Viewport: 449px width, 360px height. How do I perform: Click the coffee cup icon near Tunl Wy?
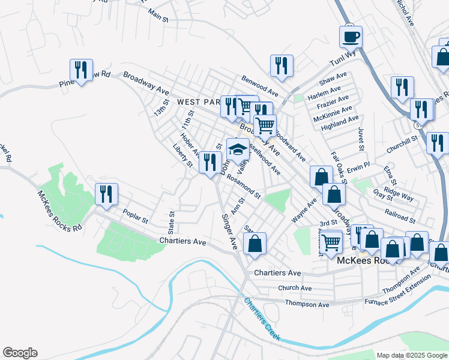click(351, 37)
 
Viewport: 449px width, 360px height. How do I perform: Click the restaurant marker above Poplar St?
click(106, 194)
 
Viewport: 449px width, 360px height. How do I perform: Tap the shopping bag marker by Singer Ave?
click(255, 244)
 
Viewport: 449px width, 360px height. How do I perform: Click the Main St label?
click(158, 15)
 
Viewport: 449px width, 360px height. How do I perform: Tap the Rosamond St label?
click(244, 186)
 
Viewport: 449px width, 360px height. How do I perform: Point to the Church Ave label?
click(294, 288)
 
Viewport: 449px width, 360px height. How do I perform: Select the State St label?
click(172, 221)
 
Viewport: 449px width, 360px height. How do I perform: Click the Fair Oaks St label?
click(339, 166)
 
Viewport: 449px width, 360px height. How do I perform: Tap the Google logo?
click(20, 353)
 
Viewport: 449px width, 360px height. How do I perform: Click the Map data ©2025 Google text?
click(411, 355)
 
